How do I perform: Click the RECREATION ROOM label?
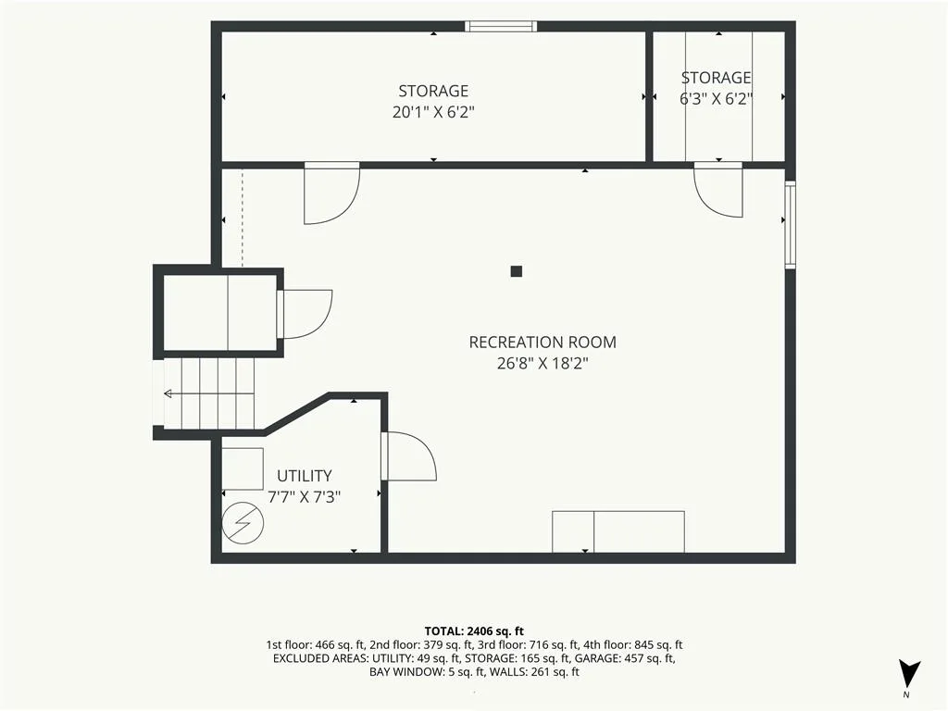click(543, 343)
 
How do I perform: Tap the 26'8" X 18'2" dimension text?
click(543, 363)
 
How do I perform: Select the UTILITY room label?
click(304, 476)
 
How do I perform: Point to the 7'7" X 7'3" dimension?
click(304, 497)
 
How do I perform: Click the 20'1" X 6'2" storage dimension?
click(433, 112)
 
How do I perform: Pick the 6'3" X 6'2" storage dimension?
click(716, 98)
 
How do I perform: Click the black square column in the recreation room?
click(516, 271)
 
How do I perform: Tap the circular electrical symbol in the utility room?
click(243, 522)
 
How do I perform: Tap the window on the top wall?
click(501, 26)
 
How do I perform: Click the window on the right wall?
click(791, 224)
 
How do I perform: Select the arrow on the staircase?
click(208, 394)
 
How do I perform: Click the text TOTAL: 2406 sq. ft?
click(474, 631)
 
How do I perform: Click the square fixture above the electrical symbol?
click(243, 468)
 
